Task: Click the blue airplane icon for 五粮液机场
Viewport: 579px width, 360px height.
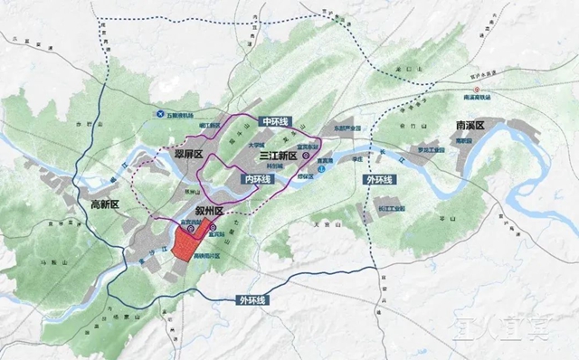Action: (x=160, y=115)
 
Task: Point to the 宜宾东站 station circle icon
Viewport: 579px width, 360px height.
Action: (x=306, y=156)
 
